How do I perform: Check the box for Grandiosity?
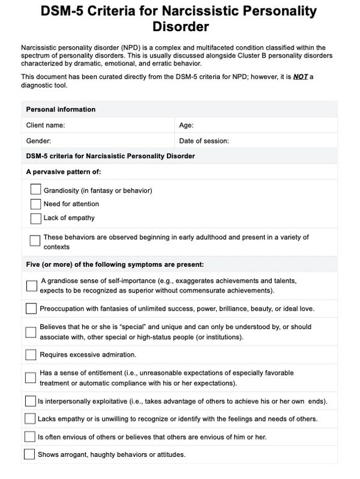tap(35, 189)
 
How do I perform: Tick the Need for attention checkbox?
tap(35, 204)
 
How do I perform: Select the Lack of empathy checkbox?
tap(35, 218)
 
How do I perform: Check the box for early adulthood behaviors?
tap(35, 240)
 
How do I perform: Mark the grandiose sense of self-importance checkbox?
tap(31, 285)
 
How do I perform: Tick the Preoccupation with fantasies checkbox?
tap(31, 309)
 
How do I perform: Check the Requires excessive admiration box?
tap(31, 354)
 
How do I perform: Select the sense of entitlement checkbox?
tap(31, 377)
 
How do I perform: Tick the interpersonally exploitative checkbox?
tap(30, 400)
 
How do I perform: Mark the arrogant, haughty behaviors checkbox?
tap(30, 454)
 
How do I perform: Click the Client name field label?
tap(46, 125)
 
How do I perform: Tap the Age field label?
tap(186, 125)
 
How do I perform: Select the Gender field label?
tap(38, 141)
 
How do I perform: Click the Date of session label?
tap(204, 141)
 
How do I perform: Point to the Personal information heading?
tap(61, 110)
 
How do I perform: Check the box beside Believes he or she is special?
tap(31, 332)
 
